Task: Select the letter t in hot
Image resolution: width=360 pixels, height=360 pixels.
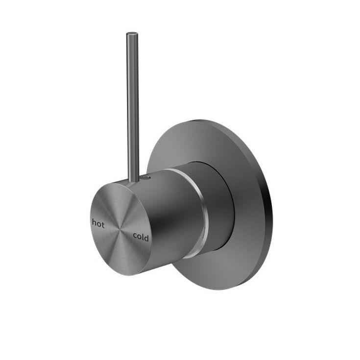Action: point(103,223)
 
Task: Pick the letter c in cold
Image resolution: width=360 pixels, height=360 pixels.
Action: point(135,236)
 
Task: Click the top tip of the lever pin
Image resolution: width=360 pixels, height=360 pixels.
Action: point(132,34)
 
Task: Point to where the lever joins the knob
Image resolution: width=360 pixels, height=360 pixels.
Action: point(133,180)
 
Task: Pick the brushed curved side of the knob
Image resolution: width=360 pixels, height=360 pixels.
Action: point(171,216)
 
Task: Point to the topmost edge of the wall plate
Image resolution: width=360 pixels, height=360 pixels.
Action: point(206,120)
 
